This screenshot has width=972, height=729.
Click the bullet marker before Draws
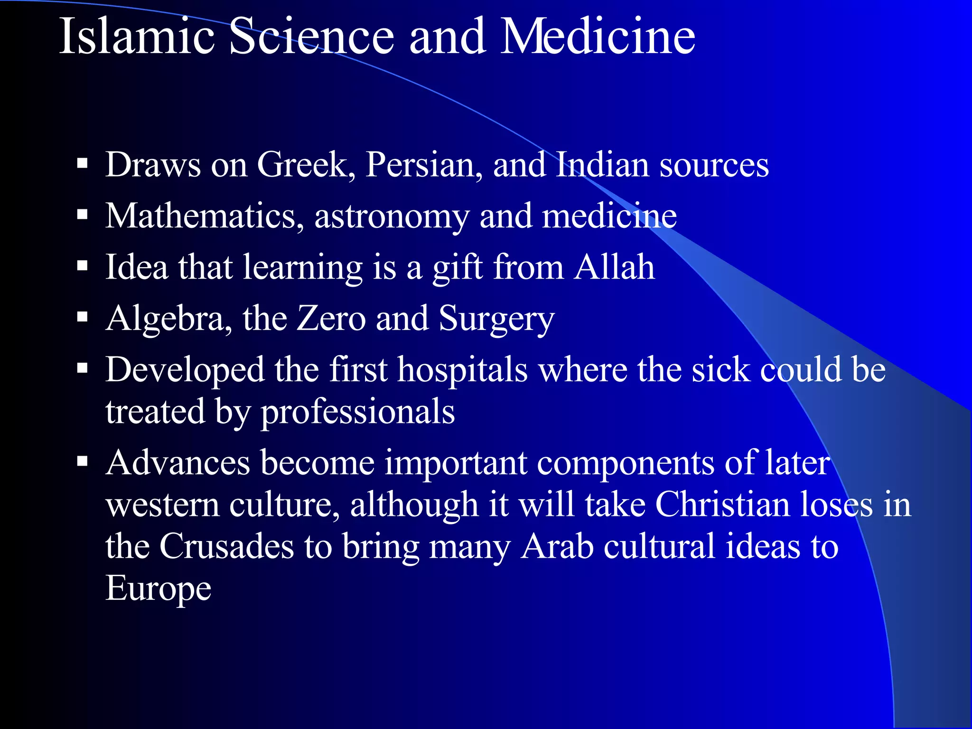[x=83, y=164]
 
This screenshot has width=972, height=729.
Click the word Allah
[x=614, y=267]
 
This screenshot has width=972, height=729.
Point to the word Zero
[x=331, y=319]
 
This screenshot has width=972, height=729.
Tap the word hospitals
[x=462, y=370]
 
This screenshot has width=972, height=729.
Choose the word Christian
[x=723, y=505]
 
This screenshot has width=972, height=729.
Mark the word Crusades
[x=226, y=547]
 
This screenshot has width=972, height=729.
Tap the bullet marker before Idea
[x=83, y=266]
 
